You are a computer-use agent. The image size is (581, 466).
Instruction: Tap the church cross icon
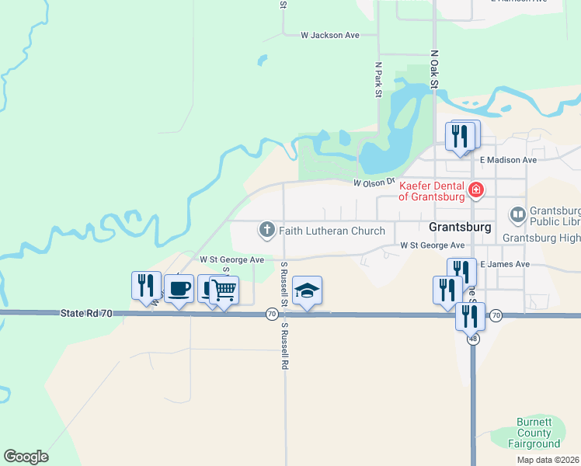tap(266, 229)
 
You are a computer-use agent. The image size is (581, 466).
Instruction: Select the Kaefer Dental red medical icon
tap(476, 189)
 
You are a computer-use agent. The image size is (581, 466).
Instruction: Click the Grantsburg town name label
tap(460, 228)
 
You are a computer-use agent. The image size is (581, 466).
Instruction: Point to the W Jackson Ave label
tap(331, 35)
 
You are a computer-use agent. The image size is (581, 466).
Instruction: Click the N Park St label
tap(379, 80)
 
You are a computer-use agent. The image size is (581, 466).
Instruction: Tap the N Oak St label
tap(435, 70)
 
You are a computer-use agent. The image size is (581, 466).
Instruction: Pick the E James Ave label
tap(505, 265)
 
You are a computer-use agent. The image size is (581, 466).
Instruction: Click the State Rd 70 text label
tap(85, 313)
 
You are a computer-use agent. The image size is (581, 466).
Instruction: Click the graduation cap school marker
tap(308, 290)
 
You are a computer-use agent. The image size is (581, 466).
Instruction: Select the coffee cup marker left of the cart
tap(179, 288)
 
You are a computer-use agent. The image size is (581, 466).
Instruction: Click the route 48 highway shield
tap(472, 339)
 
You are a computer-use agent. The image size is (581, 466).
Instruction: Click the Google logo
tap(26, 457)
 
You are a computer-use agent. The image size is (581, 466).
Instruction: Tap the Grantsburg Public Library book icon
tap(517, 214)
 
